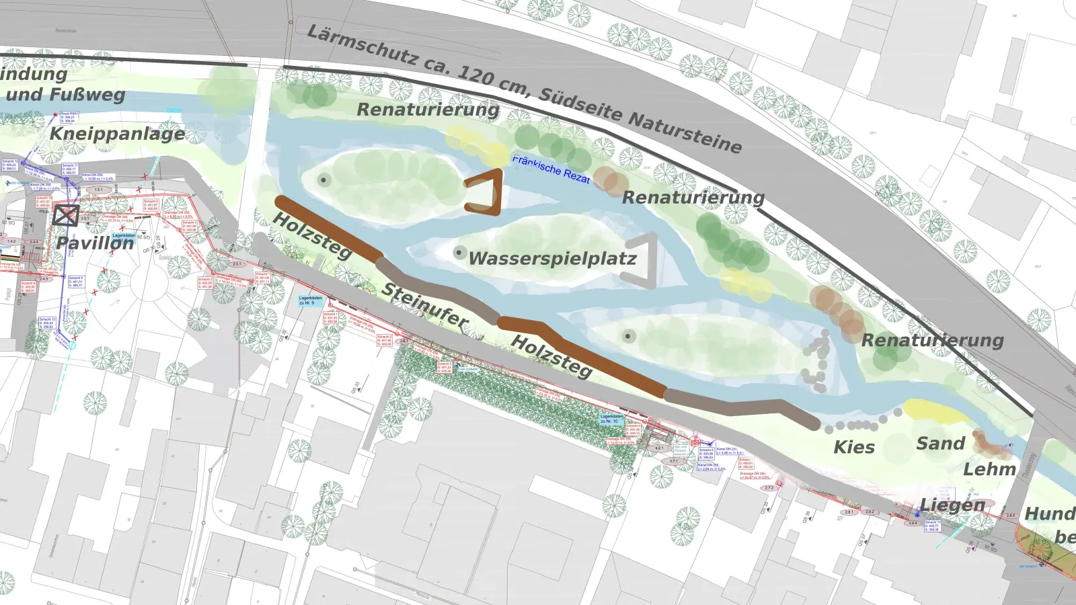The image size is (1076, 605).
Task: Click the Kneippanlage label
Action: click(x=117, y=134)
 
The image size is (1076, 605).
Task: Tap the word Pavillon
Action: click(x=95, y=243)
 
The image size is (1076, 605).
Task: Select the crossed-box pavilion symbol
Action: click(x=65, y=215)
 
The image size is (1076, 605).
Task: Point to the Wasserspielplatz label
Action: click(x=552, y=259)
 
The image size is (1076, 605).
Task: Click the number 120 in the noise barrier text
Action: click(x=476, y=76)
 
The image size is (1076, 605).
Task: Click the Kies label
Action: click(x=854, y=448)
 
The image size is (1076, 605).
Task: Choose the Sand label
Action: click(x=940, y=444)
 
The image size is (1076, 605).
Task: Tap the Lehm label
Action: click(x=989, y=469)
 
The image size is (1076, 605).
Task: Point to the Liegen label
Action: click(x=952, y=505)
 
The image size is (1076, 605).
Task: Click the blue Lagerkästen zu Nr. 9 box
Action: click(x=310, y=300)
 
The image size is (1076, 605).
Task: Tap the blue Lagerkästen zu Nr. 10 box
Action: click(x=611, y=419)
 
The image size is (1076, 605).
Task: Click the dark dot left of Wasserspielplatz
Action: click(x=459, y=253)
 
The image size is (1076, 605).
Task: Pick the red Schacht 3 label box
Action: click(x=189, y=226)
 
